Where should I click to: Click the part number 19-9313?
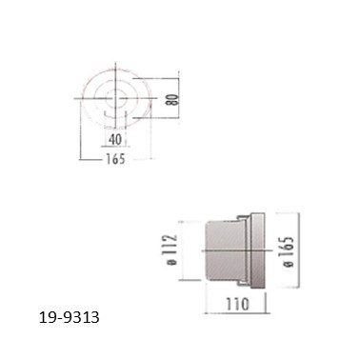tap(70, 317)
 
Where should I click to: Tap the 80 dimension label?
tap(173, 99)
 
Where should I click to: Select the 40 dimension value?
tap(115, 139)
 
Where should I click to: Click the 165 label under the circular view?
tap(115, 159)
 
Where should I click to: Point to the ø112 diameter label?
tap(171, 250)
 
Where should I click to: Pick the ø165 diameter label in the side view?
tap(289, 251)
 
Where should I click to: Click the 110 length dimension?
tap(237, 305)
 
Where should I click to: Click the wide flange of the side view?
tap(258, 250)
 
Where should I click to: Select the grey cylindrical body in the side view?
tap(225, 250)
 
